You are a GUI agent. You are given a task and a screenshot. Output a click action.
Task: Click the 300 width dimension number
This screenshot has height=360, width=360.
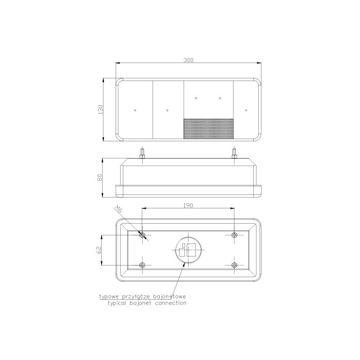(188, 60)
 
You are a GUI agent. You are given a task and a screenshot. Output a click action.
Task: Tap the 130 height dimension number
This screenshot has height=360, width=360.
(100, 110)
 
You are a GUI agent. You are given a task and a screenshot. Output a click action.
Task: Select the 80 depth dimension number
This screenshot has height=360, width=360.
(99, 177)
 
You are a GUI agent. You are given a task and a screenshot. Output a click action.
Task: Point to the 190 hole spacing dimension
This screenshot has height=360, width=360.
(188, 205)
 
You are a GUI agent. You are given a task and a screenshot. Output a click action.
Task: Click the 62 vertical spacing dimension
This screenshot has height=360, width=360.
(99, 250)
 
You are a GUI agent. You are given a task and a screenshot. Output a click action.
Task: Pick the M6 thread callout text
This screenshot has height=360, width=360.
(118, 209)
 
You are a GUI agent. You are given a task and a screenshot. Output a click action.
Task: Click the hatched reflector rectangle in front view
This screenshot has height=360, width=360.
(208, 129)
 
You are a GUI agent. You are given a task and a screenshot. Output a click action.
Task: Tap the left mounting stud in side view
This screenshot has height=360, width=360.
(142, 154)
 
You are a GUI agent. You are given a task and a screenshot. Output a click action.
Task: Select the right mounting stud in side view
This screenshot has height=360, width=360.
(234, 154)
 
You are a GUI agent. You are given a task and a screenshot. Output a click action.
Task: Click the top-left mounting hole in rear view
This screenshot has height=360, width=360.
(142, 235)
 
